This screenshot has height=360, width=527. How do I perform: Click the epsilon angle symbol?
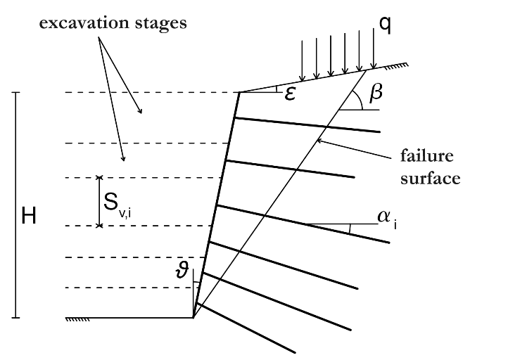click(290, 94)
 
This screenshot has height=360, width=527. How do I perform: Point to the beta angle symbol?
click(376, 92)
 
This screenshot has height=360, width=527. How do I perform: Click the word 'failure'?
click(427, 156)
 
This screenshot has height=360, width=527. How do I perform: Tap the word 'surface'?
click(430, 179)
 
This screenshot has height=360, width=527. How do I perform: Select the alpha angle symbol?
click(384, 217)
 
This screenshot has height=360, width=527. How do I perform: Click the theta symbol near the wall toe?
click(182, 269)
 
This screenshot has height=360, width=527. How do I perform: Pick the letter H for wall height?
click(29, 216)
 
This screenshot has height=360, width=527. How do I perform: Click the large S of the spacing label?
click(111, 202)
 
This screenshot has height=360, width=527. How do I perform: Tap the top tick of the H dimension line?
click(15, 92)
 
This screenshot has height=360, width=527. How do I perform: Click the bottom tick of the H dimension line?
click(15, 317)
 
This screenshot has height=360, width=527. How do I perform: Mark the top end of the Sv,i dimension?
click(99, 177)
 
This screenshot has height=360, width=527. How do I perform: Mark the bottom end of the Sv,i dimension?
click(99, 226)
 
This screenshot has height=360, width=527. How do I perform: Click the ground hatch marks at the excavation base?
click(77, 319)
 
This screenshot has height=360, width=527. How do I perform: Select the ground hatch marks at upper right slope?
click(397, 67)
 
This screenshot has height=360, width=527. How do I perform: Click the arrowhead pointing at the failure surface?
click(319, 141)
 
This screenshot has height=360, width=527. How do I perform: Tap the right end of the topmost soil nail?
click(380, 131)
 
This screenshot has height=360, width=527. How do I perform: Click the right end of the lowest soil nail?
click(295, 352)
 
